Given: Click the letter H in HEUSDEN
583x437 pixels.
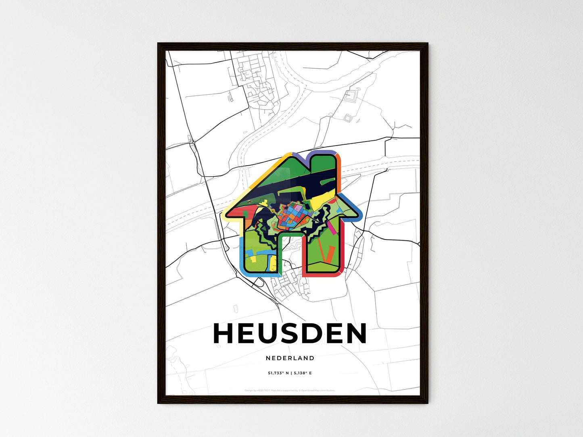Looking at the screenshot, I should [x=224, y=333].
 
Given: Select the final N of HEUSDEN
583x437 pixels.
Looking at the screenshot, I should [x=355, y=333].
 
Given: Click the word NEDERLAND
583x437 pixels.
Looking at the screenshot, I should [x=290, y=358].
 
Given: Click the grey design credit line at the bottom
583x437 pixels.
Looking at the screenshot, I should [x=290, y=390].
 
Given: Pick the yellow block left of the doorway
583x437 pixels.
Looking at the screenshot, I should [x=273, y=262].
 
